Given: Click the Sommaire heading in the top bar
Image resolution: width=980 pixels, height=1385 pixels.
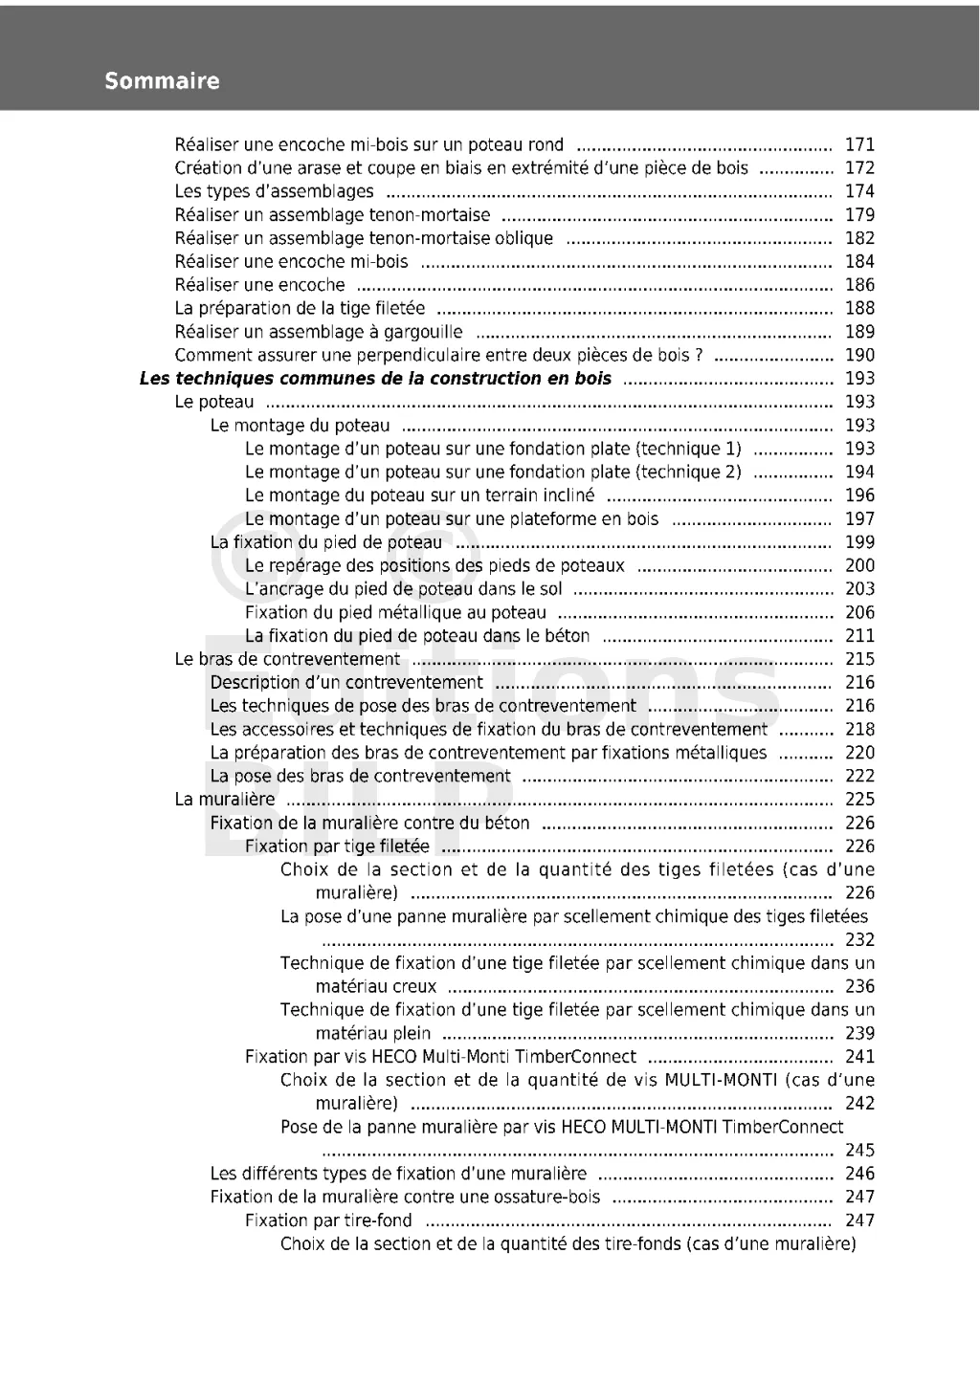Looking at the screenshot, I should click(x=162, y=81).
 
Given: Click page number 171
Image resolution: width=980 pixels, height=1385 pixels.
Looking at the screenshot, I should click(x=859, y=145).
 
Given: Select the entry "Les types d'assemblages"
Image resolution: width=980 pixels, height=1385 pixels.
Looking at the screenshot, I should click(x=274, y=191).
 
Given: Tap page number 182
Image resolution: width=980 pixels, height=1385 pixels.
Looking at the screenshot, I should click(x=859, y=238).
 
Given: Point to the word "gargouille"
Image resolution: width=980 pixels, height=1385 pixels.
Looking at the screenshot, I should click(x=423, y=332).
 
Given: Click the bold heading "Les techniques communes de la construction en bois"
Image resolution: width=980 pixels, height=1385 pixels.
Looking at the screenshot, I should click(x=375, y=379).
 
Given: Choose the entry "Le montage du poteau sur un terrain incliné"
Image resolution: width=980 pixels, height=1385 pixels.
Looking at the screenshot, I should click(x=419, y=495).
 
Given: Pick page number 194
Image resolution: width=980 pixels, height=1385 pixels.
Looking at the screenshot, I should click(x=859, y=473).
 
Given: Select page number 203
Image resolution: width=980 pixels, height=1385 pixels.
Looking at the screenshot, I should click(x=859, y=589).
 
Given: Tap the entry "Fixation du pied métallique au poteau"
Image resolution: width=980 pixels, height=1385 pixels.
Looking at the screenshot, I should click(x=395, y=613).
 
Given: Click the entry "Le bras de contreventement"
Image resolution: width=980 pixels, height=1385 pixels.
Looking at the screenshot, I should click(x=287, y=659).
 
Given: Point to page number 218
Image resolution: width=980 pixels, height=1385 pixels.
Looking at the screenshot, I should click(x=859, y=730).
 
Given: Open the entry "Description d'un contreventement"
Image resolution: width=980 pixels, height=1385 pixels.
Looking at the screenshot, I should click(x=346, y=683).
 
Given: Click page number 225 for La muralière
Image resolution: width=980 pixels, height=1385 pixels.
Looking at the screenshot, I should click(x=859, y=800).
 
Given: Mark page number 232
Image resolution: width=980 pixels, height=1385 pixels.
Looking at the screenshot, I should click(x=859, y=940).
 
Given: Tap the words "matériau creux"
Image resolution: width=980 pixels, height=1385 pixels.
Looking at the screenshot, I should click(x=376, y=986).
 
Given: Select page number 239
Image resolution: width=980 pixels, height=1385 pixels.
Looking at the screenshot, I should click(x=859, y=1033).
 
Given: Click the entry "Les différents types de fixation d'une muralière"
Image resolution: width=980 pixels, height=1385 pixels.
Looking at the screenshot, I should click(x=398, y=1174).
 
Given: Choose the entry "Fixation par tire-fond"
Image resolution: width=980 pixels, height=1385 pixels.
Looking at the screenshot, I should click(x=328, y=1220).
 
